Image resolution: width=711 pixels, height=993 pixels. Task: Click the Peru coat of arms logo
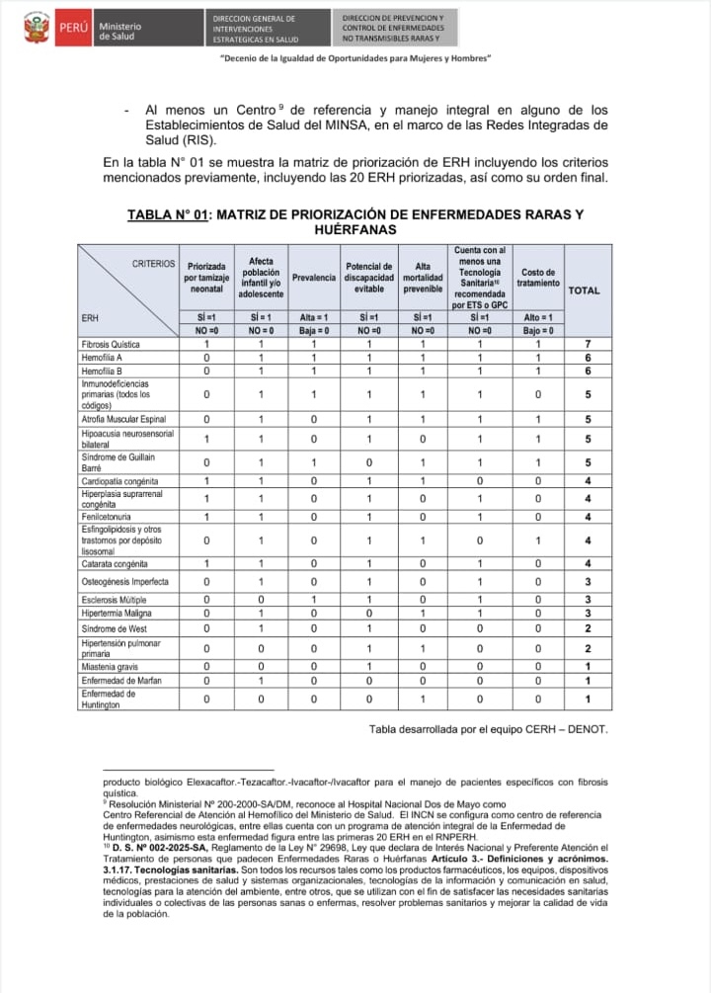tap(37, 30)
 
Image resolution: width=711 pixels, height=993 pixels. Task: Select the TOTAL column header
tap(584, 291)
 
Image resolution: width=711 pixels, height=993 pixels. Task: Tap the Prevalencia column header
tap(313, 278)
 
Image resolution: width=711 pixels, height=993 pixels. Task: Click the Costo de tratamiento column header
tap(537, 278)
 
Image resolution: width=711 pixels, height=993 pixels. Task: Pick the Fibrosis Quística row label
tap(111, 344)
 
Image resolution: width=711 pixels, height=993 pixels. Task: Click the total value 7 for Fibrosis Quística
tap(587, 344)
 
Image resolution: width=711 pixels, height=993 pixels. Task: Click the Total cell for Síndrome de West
tap(587, 627)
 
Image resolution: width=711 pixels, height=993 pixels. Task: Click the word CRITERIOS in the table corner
tap(154, 264)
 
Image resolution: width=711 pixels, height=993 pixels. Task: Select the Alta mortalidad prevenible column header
tap(423, 278)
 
